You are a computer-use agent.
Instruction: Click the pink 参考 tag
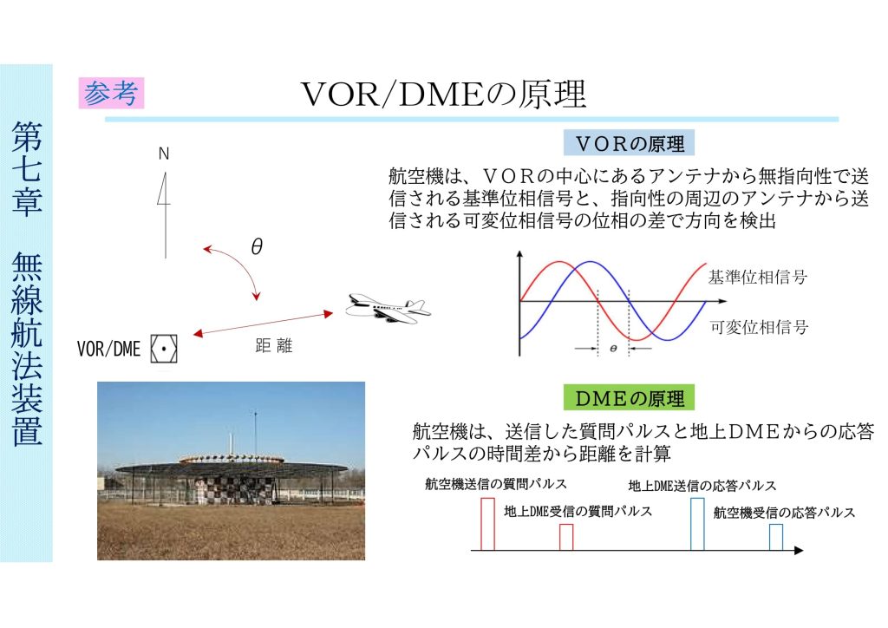[x=111, y=93]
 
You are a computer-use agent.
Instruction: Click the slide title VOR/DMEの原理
[x=443, y=94]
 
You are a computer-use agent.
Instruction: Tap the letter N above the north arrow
[x=164, y=154]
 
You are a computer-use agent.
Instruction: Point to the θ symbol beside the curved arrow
[x=257, y=246]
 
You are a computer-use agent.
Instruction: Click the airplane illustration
[x=388, y=308]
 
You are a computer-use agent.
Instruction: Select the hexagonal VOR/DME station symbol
[x=164, y=349]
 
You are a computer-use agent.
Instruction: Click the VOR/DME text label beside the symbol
[x=108, y=349]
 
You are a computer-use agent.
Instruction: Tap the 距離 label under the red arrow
[x=273, y=345]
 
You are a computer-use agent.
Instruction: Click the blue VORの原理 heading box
[x=629, y=143]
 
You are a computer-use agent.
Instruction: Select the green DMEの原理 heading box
[x=629, y=398]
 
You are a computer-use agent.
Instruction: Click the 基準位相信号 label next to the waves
[x=758, y=277]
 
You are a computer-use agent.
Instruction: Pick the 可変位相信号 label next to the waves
[x=759, y=327]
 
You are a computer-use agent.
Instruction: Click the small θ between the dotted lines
[x=613, y=349]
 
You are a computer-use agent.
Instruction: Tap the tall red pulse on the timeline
[x=487, y=524]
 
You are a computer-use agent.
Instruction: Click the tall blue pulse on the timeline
[x=698, y=524]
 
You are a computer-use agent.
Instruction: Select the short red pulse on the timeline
[x=566, y=537]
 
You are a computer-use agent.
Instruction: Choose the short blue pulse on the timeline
[x=776, y=537]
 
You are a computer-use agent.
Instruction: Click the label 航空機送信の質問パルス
[x=495, y=484]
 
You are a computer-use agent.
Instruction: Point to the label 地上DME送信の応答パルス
[x=702, y=485]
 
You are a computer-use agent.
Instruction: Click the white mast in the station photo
[x=231, y=444]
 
